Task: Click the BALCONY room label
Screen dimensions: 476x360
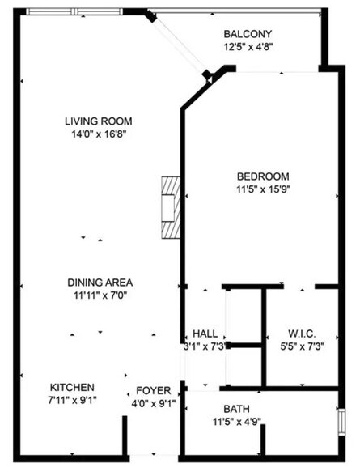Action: pos(248,34)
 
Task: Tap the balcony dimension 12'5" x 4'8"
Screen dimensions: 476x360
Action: pos(248,47)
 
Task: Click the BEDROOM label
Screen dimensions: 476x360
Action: pos(262,177)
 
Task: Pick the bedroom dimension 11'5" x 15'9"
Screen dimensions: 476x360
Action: pos(262,190)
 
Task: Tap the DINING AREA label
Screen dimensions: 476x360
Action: pos(100,283)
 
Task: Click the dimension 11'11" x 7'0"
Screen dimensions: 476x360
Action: pos(100,295)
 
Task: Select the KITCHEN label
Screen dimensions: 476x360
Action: pos(73,388)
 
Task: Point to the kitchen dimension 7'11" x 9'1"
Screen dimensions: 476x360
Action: pos(73,401)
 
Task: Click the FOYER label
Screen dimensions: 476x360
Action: pos(152,390)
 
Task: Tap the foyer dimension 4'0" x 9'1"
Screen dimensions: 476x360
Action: pos(152,402)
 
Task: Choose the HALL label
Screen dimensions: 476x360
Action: pos(204,334)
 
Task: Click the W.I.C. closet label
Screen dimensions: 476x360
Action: pos(302,334)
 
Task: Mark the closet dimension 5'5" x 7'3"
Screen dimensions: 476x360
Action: pos(302,346)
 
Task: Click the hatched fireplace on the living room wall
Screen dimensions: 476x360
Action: pos(168,206)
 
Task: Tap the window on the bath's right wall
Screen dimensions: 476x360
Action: pos(341,423)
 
